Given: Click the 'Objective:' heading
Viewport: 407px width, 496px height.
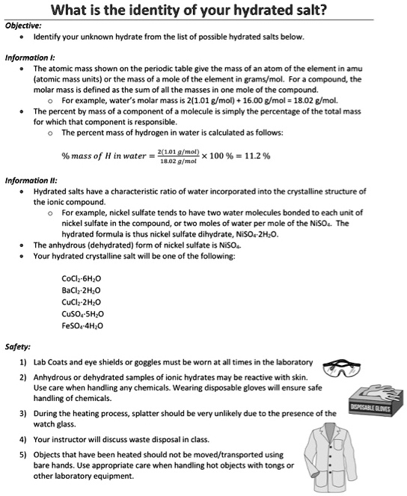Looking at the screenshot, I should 24,24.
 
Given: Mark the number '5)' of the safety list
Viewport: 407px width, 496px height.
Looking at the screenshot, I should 23,454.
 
